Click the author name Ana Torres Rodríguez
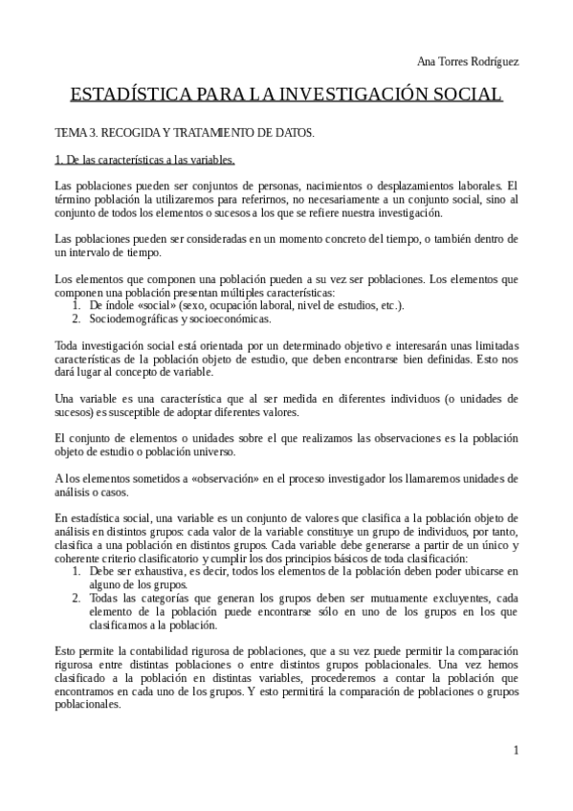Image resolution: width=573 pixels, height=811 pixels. coord(469,61)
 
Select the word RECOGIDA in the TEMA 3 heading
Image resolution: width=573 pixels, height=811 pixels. coord(126,132)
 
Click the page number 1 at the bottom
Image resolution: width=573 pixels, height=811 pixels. coord(516,751)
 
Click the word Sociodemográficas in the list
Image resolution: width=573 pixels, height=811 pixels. coord(135,318)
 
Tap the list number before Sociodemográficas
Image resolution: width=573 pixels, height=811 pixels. coord(77,318)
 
